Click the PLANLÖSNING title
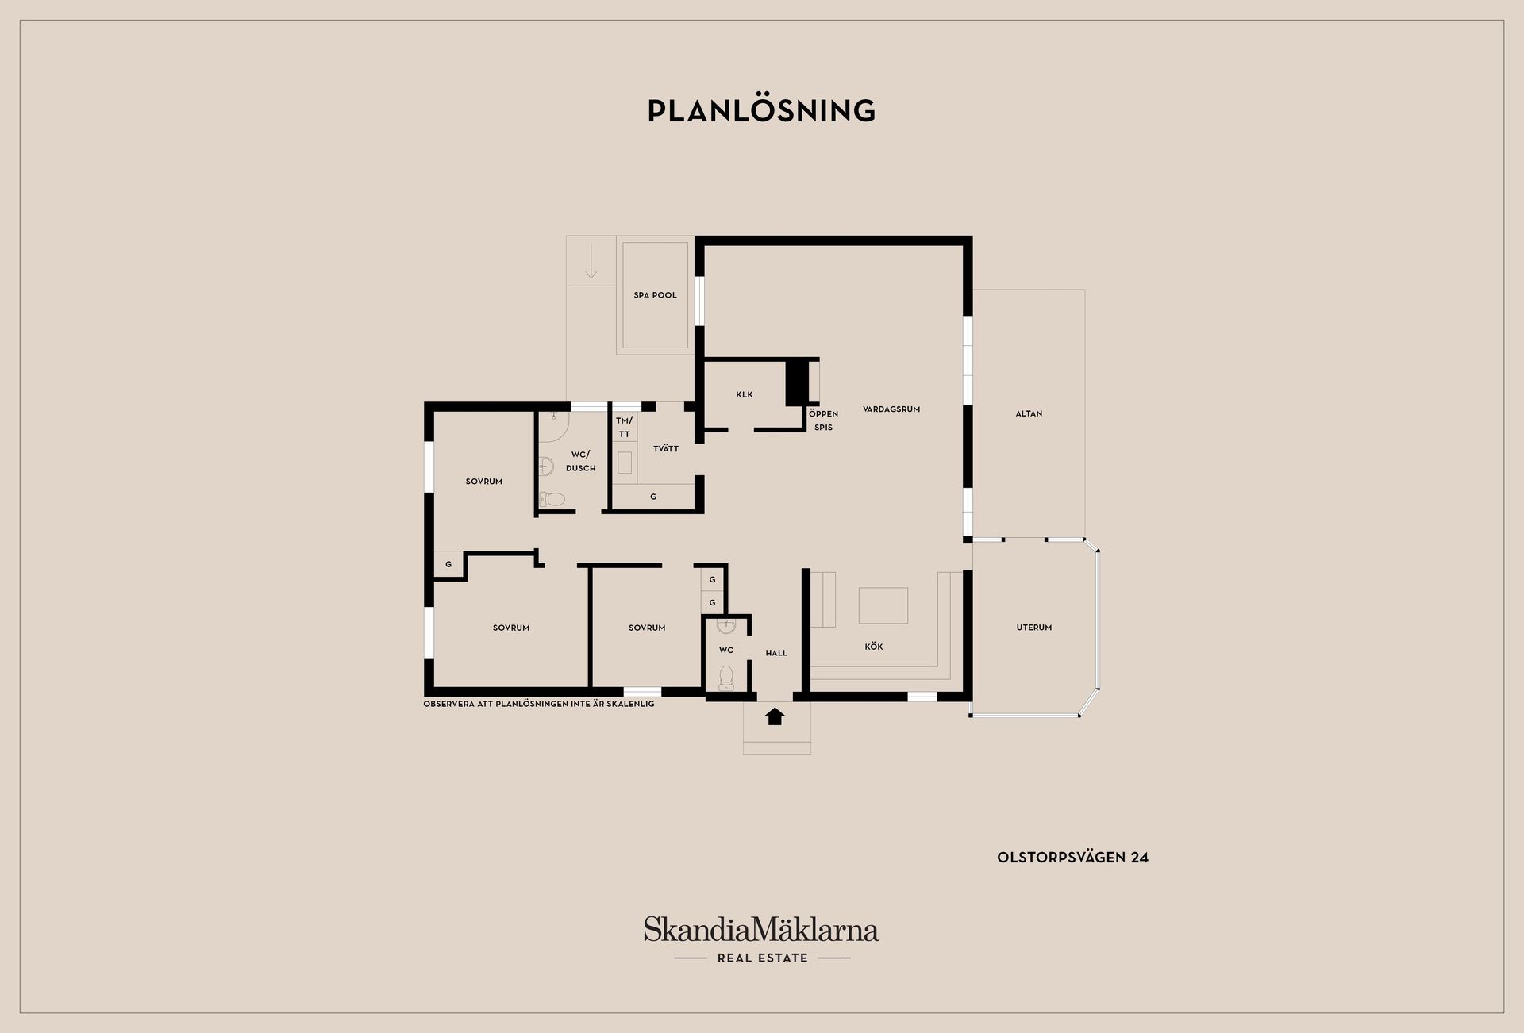pyautogui.click(x=761, y=111)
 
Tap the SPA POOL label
pyautogui.click(x=655, y=295)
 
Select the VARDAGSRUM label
pyautogui.click(x=891, y=409)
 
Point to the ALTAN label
pyautogui.click(x=1029, y=413)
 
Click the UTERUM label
pyautogui.click(x=1033, y=628)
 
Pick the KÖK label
pyautogui.click(x=873, y=647)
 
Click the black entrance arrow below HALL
pyautogui.click(x=775, y=716)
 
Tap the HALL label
pyautogui.click(x=776, y=653)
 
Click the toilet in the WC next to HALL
pyautogui.click(x=725, y=678)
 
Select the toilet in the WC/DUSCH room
pyautogui.click(x=552, y=499)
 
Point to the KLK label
pyautogui.click(x=744, y=394)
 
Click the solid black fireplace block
pyautogui.click(x=795, y=382)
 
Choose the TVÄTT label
pyautogui.click(x=665, y=449)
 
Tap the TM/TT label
pyautogui.click(x=624, y=427)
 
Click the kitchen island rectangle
pyautogui.click(x=883, y=605)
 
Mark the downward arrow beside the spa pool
pyautogui.click(x=591, y=262)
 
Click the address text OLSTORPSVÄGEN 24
pyautogui.click(x=1072, y=858)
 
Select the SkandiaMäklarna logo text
pyautogui.click(x=760, y=929)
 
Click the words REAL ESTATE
pyautogui.click(x=762, y=958)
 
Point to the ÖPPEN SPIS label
pyautogui.click(x=823, y=420)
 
